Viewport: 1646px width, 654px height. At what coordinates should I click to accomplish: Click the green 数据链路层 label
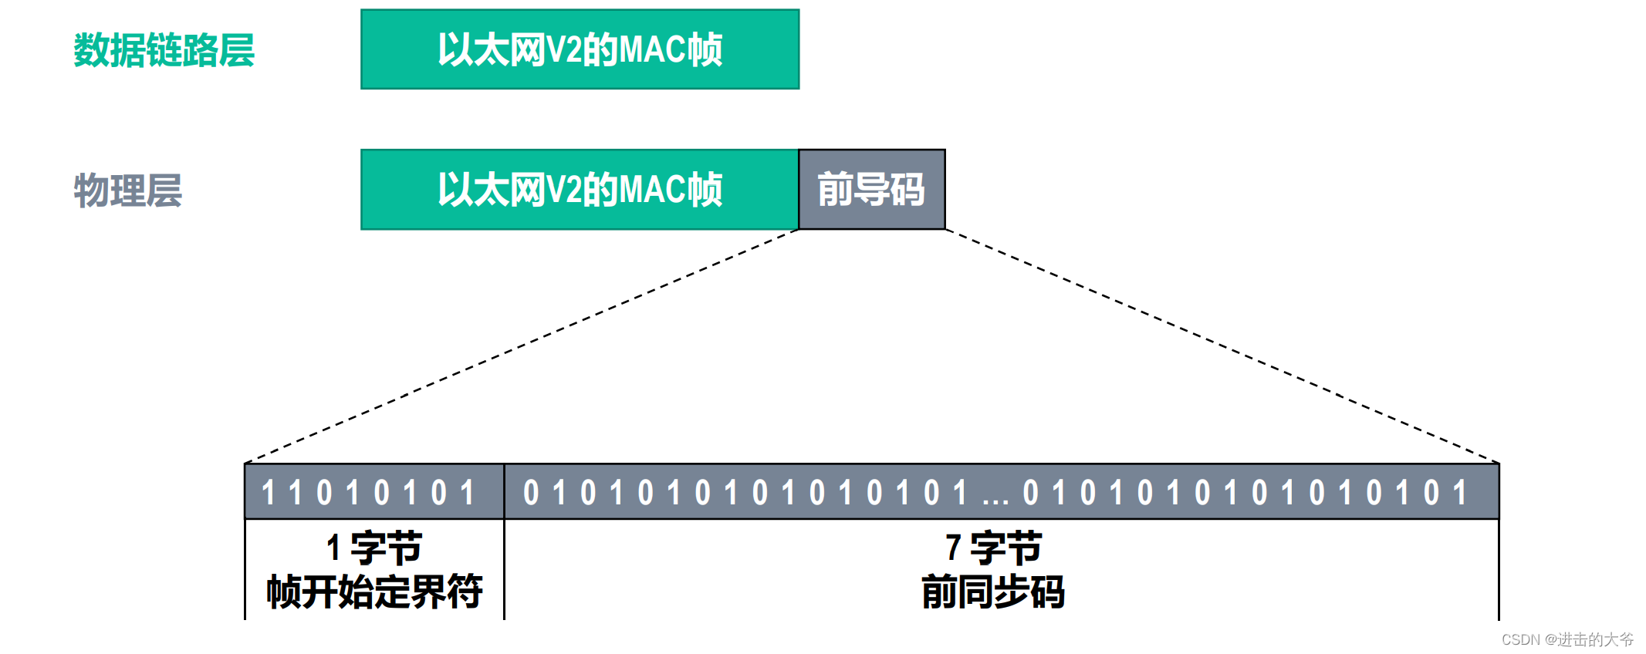164,51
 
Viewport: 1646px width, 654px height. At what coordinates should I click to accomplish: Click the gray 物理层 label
128,190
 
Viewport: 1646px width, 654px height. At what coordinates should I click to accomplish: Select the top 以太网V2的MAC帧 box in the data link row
580,49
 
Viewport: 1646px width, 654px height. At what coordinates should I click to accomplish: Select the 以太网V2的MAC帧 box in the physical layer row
580,190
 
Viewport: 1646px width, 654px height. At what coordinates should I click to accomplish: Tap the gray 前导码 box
871,190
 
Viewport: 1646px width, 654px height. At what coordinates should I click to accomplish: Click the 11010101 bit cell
373,492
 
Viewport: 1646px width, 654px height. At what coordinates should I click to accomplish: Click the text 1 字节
373,548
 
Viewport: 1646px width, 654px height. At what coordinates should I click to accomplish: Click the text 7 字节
994,548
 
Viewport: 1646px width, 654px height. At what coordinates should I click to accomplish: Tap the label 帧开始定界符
374,592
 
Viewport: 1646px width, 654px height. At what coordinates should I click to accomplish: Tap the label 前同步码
994,592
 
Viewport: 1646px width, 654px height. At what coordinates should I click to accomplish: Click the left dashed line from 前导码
522,346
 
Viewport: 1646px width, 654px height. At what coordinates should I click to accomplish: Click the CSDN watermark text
1567,639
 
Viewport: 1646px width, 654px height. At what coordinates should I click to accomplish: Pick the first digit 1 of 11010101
268,492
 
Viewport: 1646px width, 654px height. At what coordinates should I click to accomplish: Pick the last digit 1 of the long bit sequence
1459,492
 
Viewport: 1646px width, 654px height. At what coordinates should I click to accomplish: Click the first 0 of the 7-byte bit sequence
531,492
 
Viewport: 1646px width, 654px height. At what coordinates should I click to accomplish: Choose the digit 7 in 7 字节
953,548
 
